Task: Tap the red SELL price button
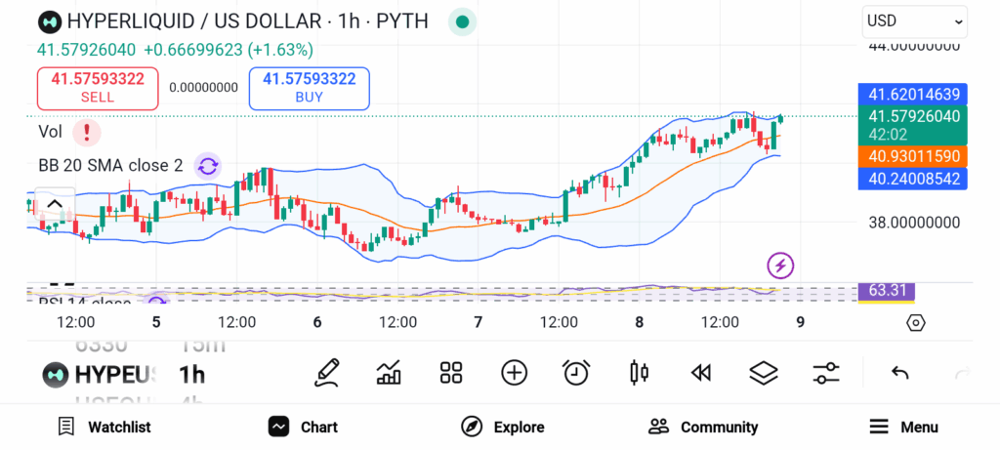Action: pyautogui.click(x=98, y=88)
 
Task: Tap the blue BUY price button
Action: pyautogui.click(x=309, y=88)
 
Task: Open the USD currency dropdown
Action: pyautogui.click(x=914, y=20)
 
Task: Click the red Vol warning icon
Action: pyautogui.click(x=87, y=132)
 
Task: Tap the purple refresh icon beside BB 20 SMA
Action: pyautogui.click(x=207, y=166)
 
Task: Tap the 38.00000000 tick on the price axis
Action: pyautogui.click(x=914, y=222)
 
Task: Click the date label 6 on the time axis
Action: pyautogui.click(x=317, y=322)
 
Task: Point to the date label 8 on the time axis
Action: pyautogui.click(x=639, y=322)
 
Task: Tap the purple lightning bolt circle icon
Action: pyautogui.click(x=780, y=265)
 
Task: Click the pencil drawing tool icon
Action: pyautogui.click(x=328, y=372)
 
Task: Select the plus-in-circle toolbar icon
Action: pyautogui.click(x=514, y=372)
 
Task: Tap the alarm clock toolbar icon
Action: pyautogui.click(x=576, y=372)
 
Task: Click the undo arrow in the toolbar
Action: pyautogui.click(x=899, y=372)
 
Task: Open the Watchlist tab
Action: pyautogui.click(x=104, y=427)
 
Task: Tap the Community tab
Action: pyautogui.click(x=703, y=427)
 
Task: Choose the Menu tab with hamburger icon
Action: pyautogui.click(x=903, y=427)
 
